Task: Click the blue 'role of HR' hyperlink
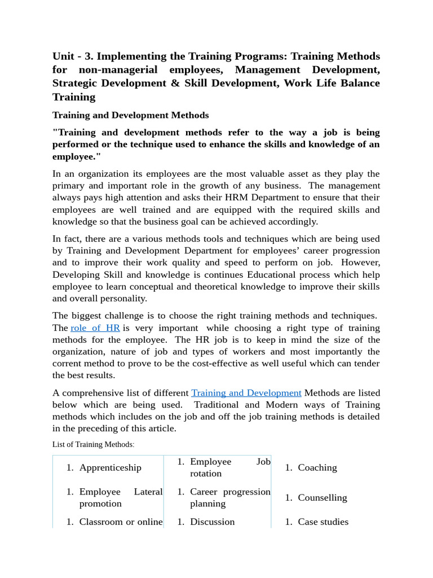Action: pos(95,328)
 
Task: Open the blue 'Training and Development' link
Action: pos(246,393)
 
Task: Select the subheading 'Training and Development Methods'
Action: pos(130,115)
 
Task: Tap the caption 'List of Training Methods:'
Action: pos(94,444)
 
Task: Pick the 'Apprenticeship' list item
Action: pos(110,467)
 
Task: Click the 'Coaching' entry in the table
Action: pos(317,467)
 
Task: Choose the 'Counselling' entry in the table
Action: pos(322,497)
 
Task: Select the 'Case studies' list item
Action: pos(323,522)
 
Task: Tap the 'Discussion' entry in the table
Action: pos(212,522)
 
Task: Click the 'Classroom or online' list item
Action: pos(121,522)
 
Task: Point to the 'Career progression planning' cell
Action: pos(230,497)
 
